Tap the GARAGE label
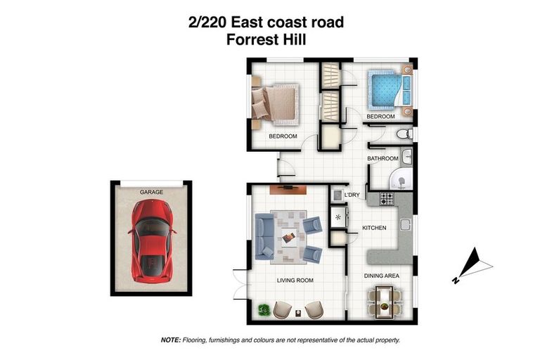pyautogui.click(x=151, y=191)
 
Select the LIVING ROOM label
pyautogui.click(x=294, y=280)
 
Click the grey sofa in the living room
pyautogui.click(x=264, y=235)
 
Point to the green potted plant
pyautogui.click(x=265, y=308)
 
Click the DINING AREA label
pyautogui.click(x=382, y=276)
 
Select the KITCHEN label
pyautogui.click(x=373, y=229)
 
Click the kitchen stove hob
pyautogui.click(x=387, y=199)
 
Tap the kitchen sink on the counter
pyautogui.click(x=405, y=225)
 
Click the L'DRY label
pyautogui.click(x=352, y=195)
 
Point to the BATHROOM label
pyautogui.click(x=382, y=159)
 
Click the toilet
pyautogui.click(x=403, y=134)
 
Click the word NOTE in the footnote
pyautogui.click(x=171, y=340)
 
